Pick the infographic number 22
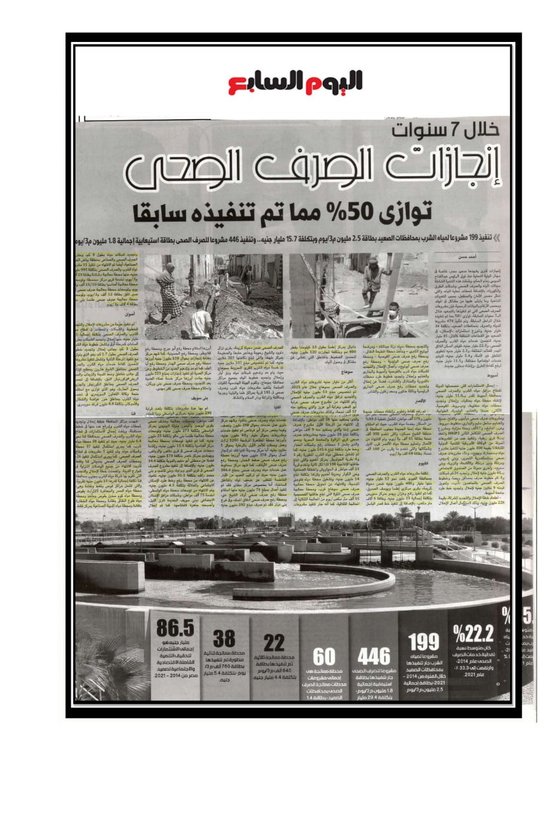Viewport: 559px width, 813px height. point(274,642)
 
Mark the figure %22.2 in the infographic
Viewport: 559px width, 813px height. point(474,633)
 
